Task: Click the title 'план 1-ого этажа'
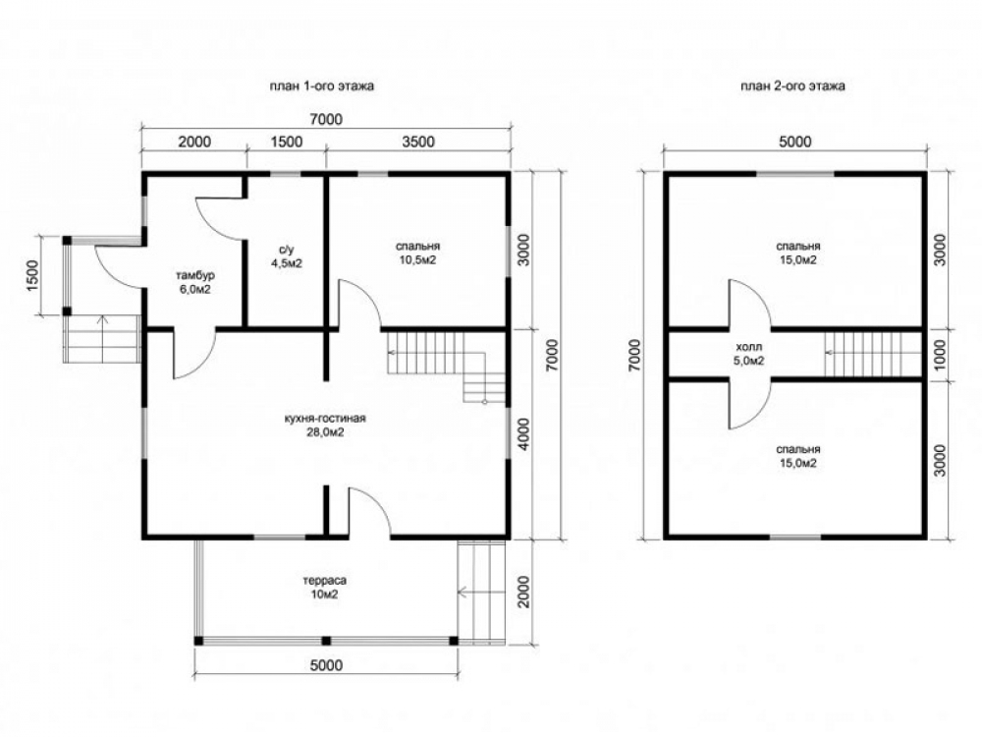322,85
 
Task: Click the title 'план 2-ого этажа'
792,85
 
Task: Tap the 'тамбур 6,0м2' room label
194,282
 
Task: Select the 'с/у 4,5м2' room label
287,255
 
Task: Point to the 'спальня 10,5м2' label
417,253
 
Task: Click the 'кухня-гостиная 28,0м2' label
324,425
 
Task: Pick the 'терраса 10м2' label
324,588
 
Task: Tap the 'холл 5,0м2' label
748,354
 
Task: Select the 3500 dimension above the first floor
417,142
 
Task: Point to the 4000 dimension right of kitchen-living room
524,433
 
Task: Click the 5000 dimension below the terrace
327,664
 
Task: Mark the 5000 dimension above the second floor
795,142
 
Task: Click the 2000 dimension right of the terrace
524,592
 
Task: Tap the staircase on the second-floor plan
874,354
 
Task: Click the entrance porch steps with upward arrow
102,339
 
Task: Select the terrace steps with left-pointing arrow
481,590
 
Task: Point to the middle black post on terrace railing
326,641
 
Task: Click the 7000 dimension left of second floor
635,356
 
